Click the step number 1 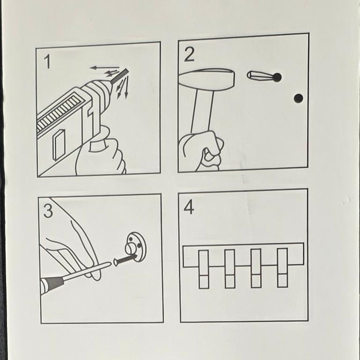click(47, 61)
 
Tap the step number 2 click(189, 54)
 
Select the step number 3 click(48, 211)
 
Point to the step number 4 click(189, 207)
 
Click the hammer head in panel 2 click(206, 80)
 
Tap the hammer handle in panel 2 click(203, 111)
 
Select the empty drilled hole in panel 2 click(298, 98)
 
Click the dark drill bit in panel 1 click(119, 76)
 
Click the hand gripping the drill click(101, 152)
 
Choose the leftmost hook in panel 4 click(204, 269)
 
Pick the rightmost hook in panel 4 click(282, 267)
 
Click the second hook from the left click(230, 269)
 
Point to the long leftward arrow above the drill click(104, 67)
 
